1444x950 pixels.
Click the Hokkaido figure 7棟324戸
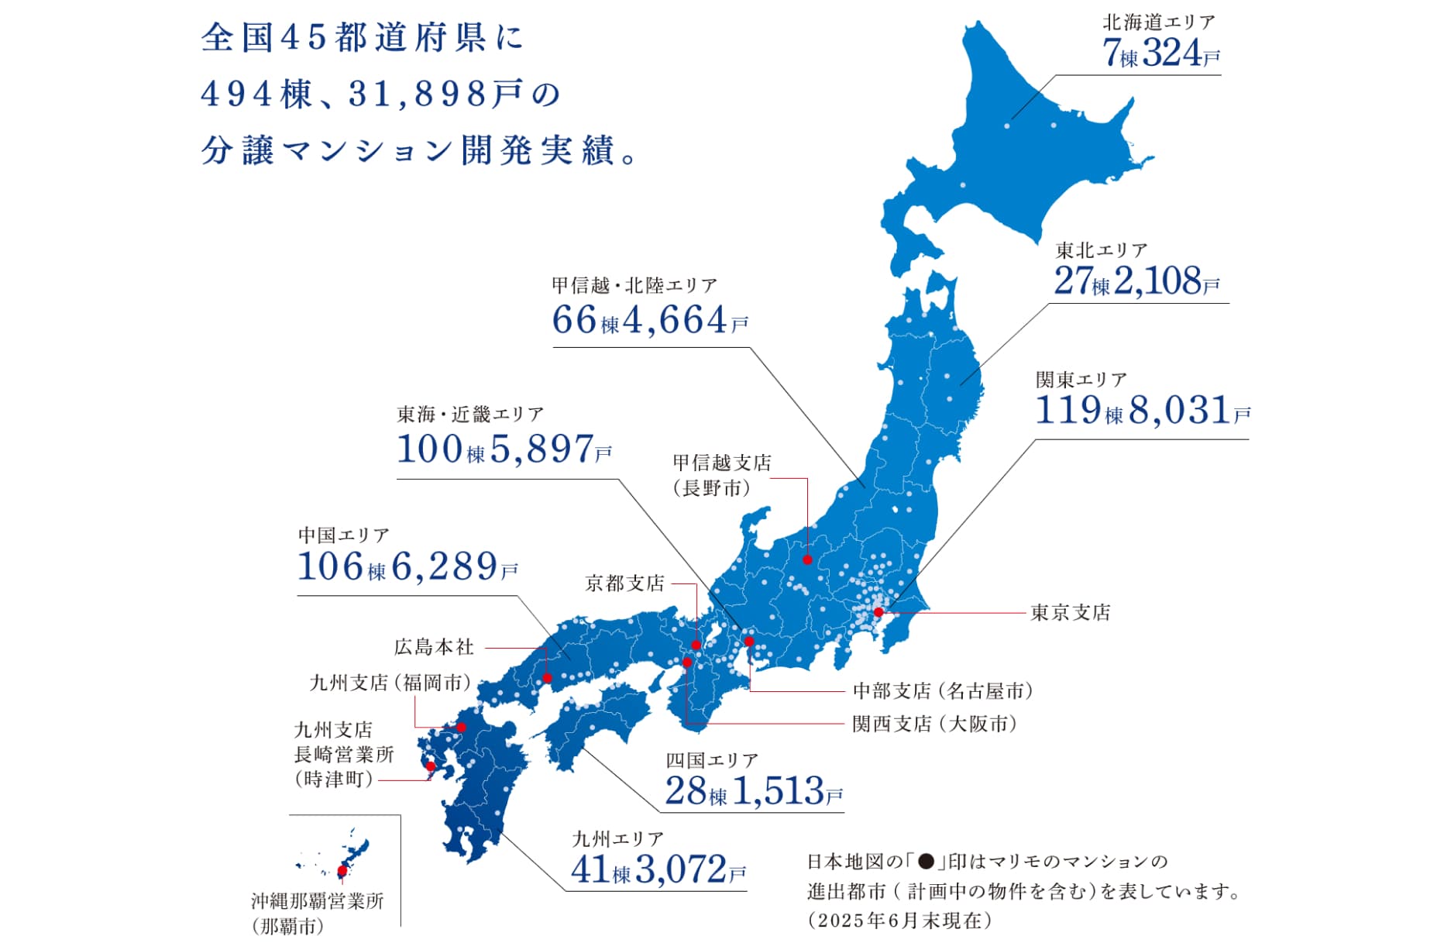point(1160,53)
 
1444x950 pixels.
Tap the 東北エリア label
point(1101,250)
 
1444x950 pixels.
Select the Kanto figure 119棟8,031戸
point(1142,410)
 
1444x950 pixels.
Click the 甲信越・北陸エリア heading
point(634,286)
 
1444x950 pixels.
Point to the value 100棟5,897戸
point(504,449)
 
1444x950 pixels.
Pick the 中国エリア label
point(343,535)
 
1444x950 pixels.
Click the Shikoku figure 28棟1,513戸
point(753,791)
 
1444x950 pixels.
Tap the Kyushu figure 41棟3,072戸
point(658,869)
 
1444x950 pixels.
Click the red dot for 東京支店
point(878,612)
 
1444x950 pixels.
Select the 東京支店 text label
point(1070,613)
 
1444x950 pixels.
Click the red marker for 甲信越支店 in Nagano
point(807,559)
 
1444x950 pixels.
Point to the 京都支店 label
point(624,583)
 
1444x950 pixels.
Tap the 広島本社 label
point(434,647)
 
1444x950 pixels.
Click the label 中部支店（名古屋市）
point(942,690)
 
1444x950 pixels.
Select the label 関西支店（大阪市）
point(934,724)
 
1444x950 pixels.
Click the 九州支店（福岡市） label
point(390,683)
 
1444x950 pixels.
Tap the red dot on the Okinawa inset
point(342,871)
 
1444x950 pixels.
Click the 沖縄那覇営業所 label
point(317,901)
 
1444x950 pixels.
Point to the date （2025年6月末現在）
point(899,921)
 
